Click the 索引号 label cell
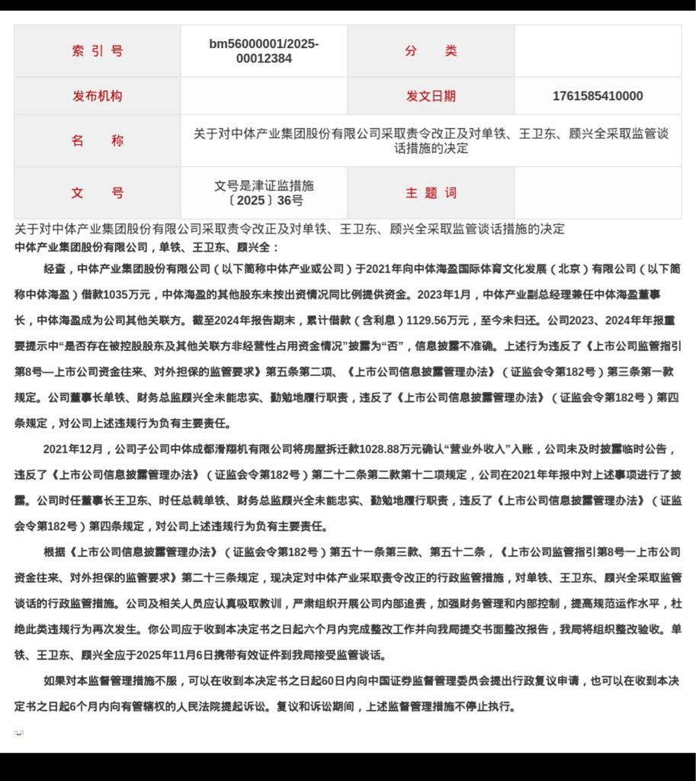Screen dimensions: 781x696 coord(97,51)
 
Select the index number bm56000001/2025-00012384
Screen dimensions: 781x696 coord(264,51)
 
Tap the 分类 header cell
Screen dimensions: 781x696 coord(431,51)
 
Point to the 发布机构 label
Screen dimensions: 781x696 coord(97,96)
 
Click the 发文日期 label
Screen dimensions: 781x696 coord(431,96)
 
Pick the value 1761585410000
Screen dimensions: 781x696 coord(598,96)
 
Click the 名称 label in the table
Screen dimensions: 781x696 coord(97,141)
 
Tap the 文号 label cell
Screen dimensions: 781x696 coord(97,193)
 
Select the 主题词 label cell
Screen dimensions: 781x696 coord(431,193)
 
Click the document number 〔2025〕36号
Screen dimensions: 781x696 coord(264,201)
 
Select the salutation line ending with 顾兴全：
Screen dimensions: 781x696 coord(147,248)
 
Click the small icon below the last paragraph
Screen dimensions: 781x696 coord(18,733)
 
